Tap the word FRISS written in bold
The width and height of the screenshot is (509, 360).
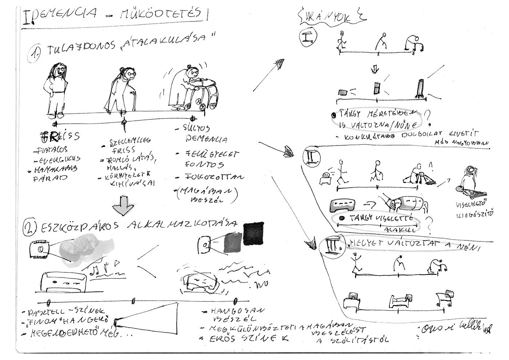[60, 137]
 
